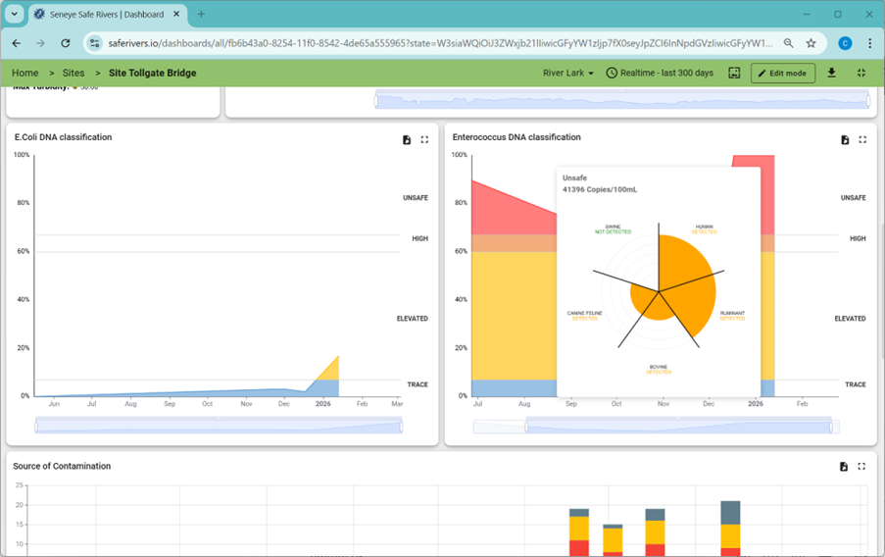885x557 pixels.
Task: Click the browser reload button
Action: pos(66,43)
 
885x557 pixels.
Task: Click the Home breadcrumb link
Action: pos(25,73)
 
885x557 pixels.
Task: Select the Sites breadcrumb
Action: pos(74,73)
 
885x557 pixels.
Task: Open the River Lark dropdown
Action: pos(568,73)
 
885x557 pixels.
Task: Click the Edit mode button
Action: pos(782,73)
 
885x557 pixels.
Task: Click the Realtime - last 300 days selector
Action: pos(660,73)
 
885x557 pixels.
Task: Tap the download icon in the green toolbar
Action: pos(831,73)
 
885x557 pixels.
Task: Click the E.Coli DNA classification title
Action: pos(63,137)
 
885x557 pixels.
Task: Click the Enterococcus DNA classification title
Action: pos(516,137)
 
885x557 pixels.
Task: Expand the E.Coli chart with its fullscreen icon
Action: pos(424,140)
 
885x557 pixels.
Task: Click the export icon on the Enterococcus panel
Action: pos(845,140)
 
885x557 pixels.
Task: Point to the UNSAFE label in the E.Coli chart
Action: pos(415,198)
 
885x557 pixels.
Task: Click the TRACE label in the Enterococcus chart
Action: pos(855,384)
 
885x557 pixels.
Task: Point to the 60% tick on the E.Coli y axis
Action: pos(23,251)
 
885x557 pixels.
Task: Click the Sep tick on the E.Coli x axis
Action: pos(170,403)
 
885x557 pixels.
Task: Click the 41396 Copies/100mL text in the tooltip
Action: pos(599,189)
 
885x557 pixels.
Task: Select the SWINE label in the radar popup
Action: pos(613,227)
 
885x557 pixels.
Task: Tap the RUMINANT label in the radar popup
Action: pos(732,314)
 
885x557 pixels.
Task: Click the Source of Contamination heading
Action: pos(62,466)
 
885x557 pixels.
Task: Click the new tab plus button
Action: pos(201,14)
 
